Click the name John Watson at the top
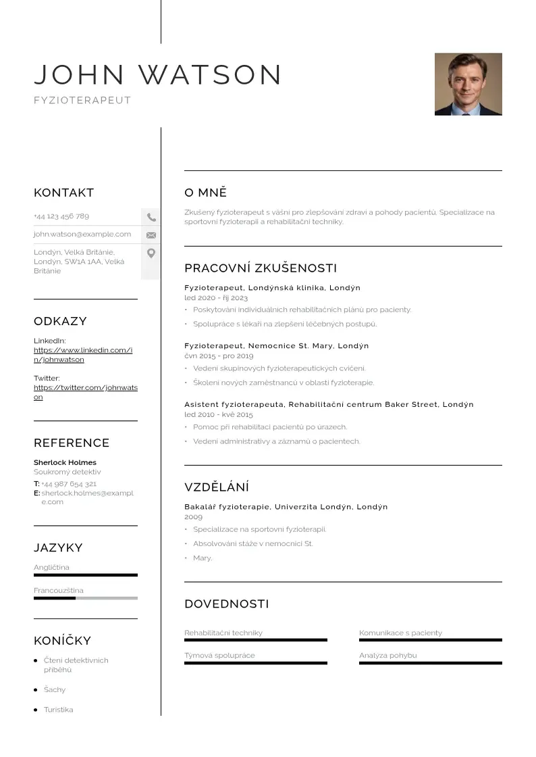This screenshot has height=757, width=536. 157,74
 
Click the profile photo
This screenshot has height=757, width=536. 468,84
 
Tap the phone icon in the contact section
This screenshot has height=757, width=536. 151,217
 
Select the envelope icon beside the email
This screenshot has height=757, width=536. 151,235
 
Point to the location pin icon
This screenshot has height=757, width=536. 151,253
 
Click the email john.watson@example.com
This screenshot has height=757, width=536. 82,234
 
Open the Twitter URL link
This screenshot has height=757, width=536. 85,392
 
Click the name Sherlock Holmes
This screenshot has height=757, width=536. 65,462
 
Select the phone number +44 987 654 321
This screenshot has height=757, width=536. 69,484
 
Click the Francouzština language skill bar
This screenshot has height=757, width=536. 85,598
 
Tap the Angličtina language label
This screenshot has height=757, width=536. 51,567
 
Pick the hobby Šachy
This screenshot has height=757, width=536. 55,689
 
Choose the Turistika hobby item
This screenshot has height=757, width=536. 59,710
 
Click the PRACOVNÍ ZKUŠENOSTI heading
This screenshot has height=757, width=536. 261,268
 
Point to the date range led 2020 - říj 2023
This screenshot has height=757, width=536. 216,297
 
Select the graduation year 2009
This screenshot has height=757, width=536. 193,516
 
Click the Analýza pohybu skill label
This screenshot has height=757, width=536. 388,655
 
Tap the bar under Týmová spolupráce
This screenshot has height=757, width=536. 255,663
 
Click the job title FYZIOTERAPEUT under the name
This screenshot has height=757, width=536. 82,101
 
